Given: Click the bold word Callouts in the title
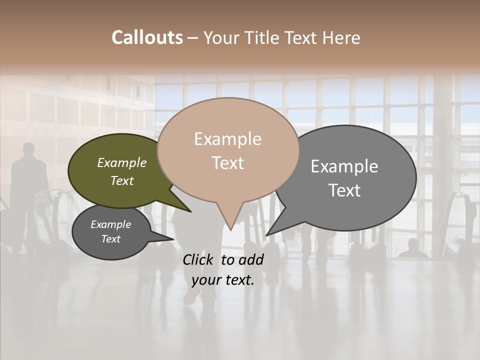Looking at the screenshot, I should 147,37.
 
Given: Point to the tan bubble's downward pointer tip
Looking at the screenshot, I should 230,229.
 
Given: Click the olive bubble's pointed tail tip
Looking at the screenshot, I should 191,212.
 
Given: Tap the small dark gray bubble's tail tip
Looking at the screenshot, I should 173,239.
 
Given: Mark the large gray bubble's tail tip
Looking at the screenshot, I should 266,235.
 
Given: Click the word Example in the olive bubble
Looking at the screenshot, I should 121,162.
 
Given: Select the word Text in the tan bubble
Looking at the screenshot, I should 228,163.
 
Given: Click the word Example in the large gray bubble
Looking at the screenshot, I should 344,166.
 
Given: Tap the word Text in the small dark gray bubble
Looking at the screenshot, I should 110,239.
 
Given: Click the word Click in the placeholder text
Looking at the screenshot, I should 198,259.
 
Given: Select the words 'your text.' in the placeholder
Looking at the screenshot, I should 223,280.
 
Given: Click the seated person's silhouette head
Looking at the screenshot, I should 413,244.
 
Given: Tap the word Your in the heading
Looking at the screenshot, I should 223,37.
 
